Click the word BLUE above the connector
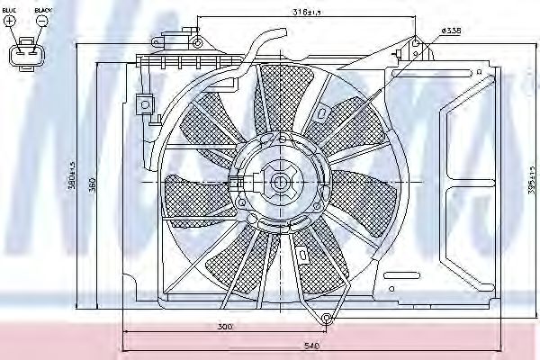pyautogui.click(x=9, y=10)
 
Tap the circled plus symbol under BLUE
pyautogui.click(x=10, y=21)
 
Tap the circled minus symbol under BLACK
pyautogui.click(x=40, y=21)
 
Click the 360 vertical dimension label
pyautogui.click(x=116, y=184)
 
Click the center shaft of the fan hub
pyautogui.click(x=279, y=183)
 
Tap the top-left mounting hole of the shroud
pyautogui.click(x=196, y=41)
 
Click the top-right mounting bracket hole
pyautogui.click(x=415, y=40)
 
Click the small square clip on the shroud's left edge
pyautogui.click(x=141, y=103)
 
